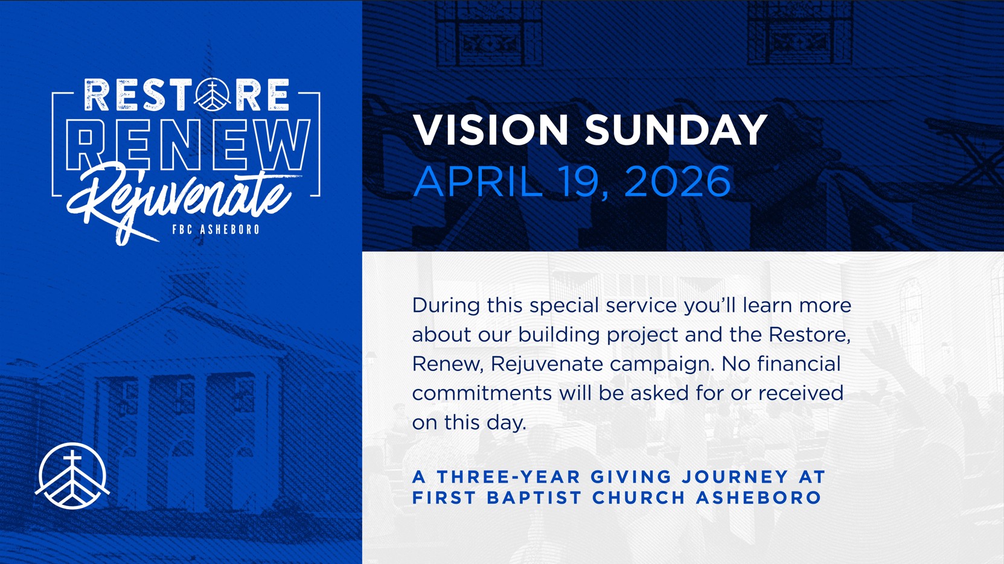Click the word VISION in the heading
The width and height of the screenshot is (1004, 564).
pyautogui.click(x=491, y=130)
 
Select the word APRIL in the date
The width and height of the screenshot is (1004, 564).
pyautogui.click(x=478, y=181)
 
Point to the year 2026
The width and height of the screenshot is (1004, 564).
pyautogui.click(x=677, y=181)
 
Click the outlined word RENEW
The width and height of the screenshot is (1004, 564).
pyautogui.click(x=188, y=145)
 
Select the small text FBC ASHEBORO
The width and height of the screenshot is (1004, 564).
pyautogui.click(x=216, y=229)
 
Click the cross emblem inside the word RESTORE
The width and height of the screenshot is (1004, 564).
pyautogui.click(x=213, y=95)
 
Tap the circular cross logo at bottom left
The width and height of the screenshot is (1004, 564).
pyautogui.click(x=72, y=476)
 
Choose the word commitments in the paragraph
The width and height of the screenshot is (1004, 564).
pyautogui.click(x=482, y=393)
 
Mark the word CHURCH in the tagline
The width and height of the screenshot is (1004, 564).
pyautogui.click(x=639, y=498)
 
